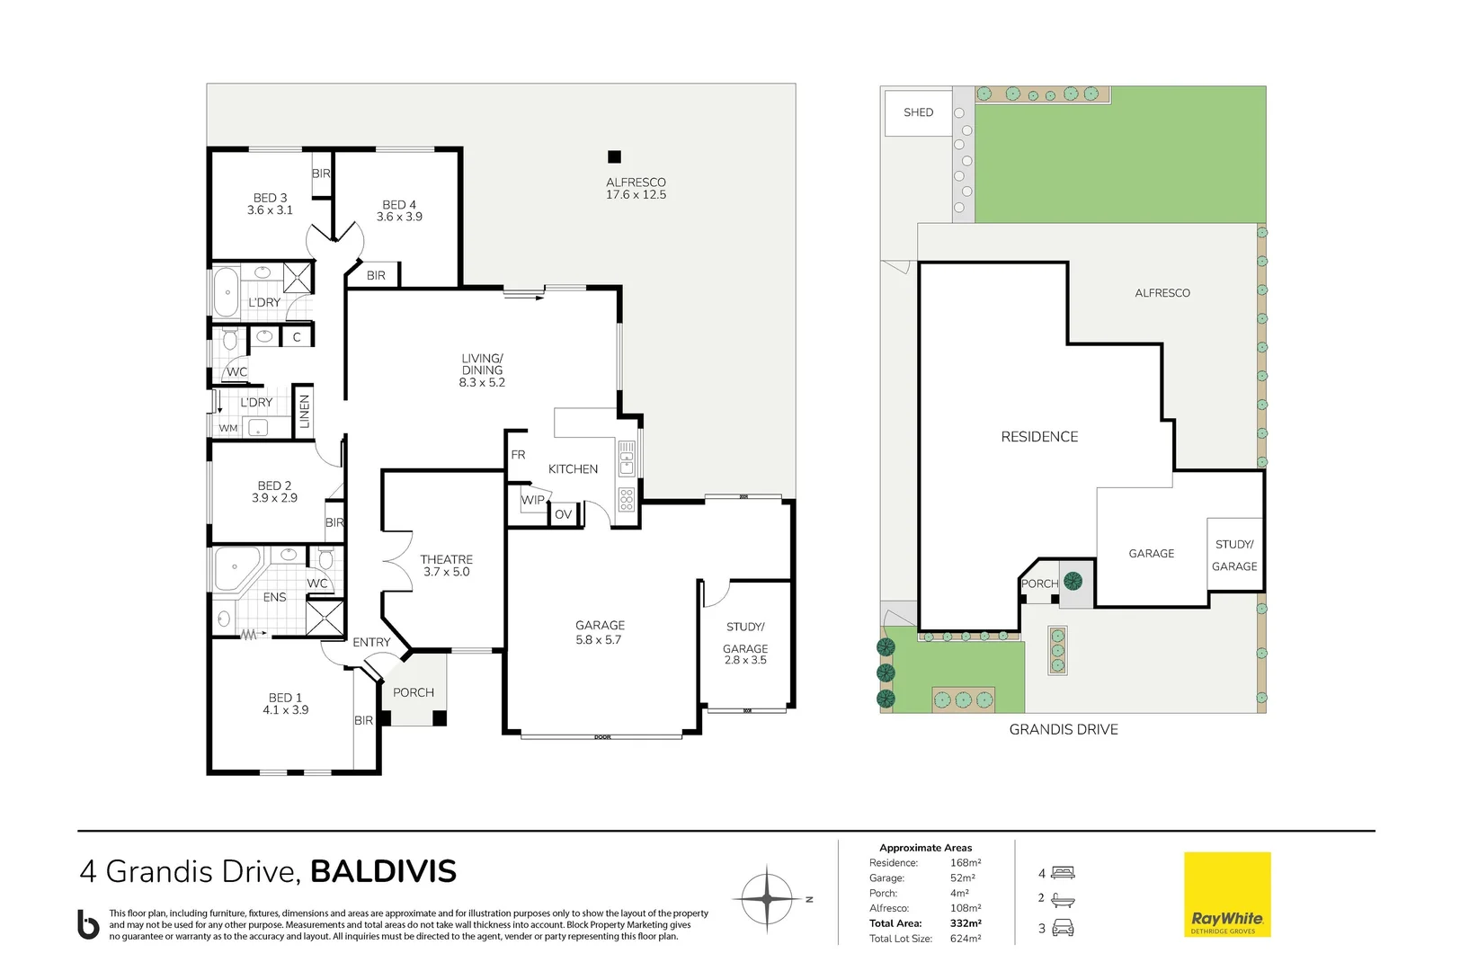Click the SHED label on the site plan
918,112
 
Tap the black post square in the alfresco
614,156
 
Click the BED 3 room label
270,198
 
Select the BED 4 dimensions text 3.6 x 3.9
399,217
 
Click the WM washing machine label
228,428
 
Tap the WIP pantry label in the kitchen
532,500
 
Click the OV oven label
563,514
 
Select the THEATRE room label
446,559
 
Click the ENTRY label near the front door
371,642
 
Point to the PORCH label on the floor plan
414,692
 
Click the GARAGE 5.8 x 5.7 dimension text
599,640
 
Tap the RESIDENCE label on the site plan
1039,436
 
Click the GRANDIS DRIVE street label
1064,729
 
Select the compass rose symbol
766,898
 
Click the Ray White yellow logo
1227,895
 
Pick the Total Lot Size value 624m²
965,939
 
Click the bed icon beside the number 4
1063,872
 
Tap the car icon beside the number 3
1063,929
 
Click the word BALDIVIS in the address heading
383,871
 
